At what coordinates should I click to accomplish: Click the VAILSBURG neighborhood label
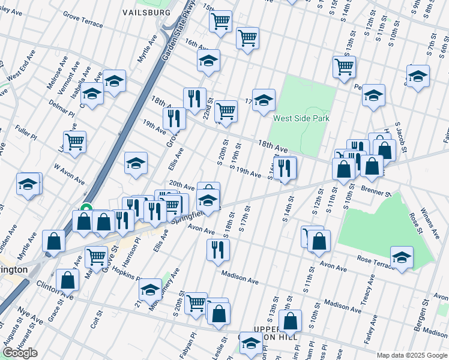point(146,12)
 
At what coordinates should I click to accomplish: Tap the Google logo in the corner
point(20,353)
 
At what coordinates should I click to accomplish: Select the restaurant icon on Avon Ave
point(217,249)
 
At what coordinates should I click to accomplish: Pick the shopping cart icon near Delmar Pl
point(74,142)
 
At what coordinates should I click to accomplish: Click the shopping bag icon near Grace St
point(67,280)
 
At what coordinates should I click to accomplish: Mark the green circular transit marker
point(86,209)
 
